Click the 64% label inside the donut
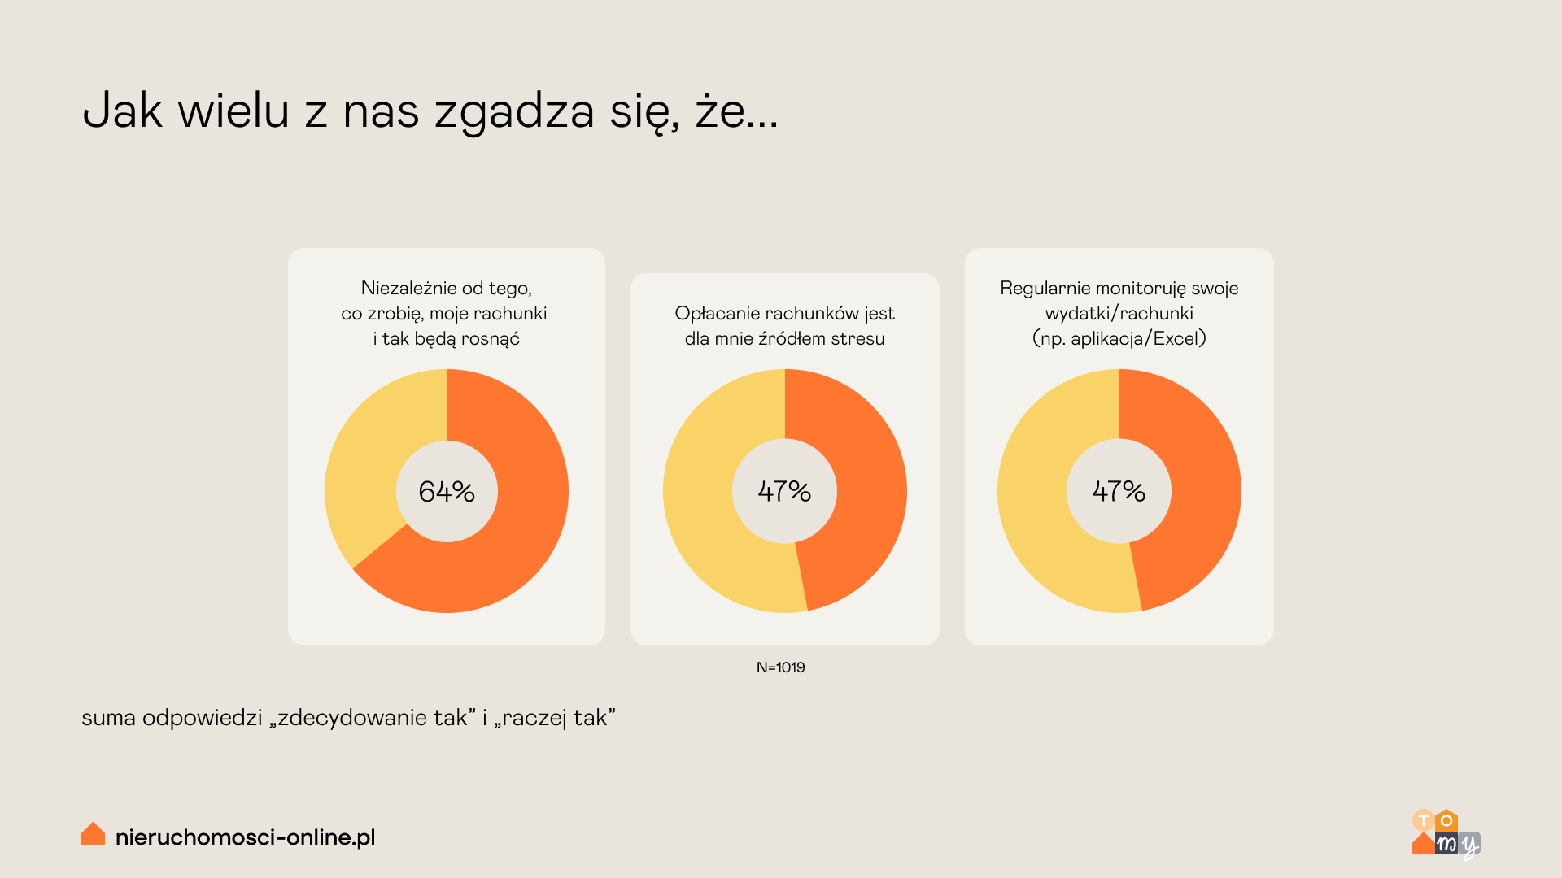[x=447, y=491]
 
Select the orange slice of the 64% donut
[x=521, y=520]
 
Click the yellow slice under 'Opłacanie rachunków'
[x=700, y=504]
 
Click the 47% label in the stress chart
[x=784, y=491]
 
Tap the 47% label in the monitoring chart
[x=1119, y=491]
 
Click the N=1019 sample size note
[x=780, y=667]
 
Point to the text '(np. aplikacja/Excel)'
[x=1119, y=339]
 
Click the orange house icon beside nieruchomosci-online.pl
[x=94, y=834]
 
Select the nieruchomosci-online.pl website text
[x=245, y=837]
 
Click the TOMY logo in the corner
[x=1446, y=834]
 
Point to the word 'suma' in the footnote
[x=108, y=719]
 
